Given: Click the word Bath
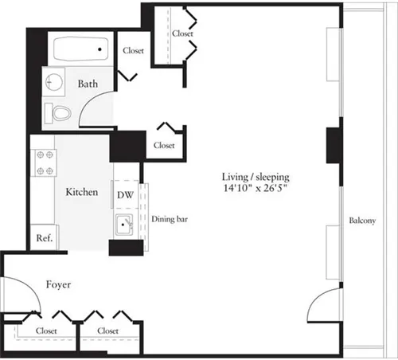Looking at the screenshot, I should pos(88,83).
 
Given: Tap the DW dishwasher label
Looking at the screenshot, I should pos(125,194).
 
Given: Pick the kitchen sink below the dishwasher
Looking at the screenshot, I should pos(123,225).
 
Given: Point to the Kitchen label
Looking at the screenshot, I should pos(81,192).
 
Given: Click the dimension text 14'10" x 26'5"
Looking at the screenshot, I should pos(256,190).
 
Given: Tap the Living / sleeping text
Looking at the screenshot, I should pos(256,177).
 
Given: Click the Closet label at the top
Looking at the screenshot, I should pos(182,33).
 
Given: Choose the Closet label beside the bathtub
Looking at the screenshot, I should pos(133,50).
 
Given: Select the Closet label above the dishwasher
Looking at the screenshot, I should pos(164,145).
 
